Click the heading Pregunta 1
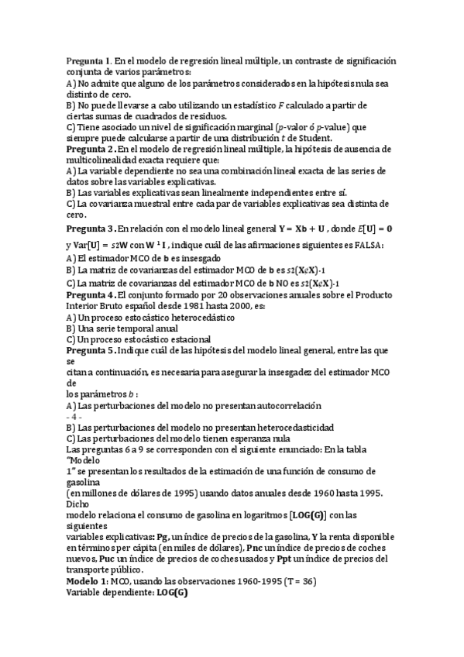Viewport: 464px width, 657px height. (x=89, y=60)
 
